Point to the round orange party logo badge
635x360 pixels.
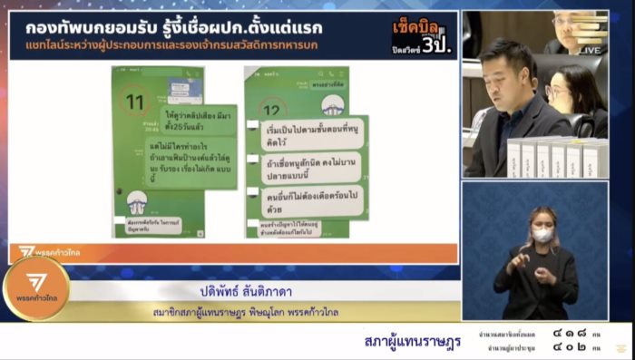tap(35, 288)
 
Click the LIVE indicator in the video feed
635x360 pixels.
tap(591, 51)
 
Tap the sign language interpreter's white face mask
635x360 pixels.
tap(542, 235)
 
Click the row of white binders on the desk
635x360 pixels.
tap(554, 156)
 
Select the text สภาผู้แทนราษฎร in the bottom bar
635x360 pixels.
tap(412, 341)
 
